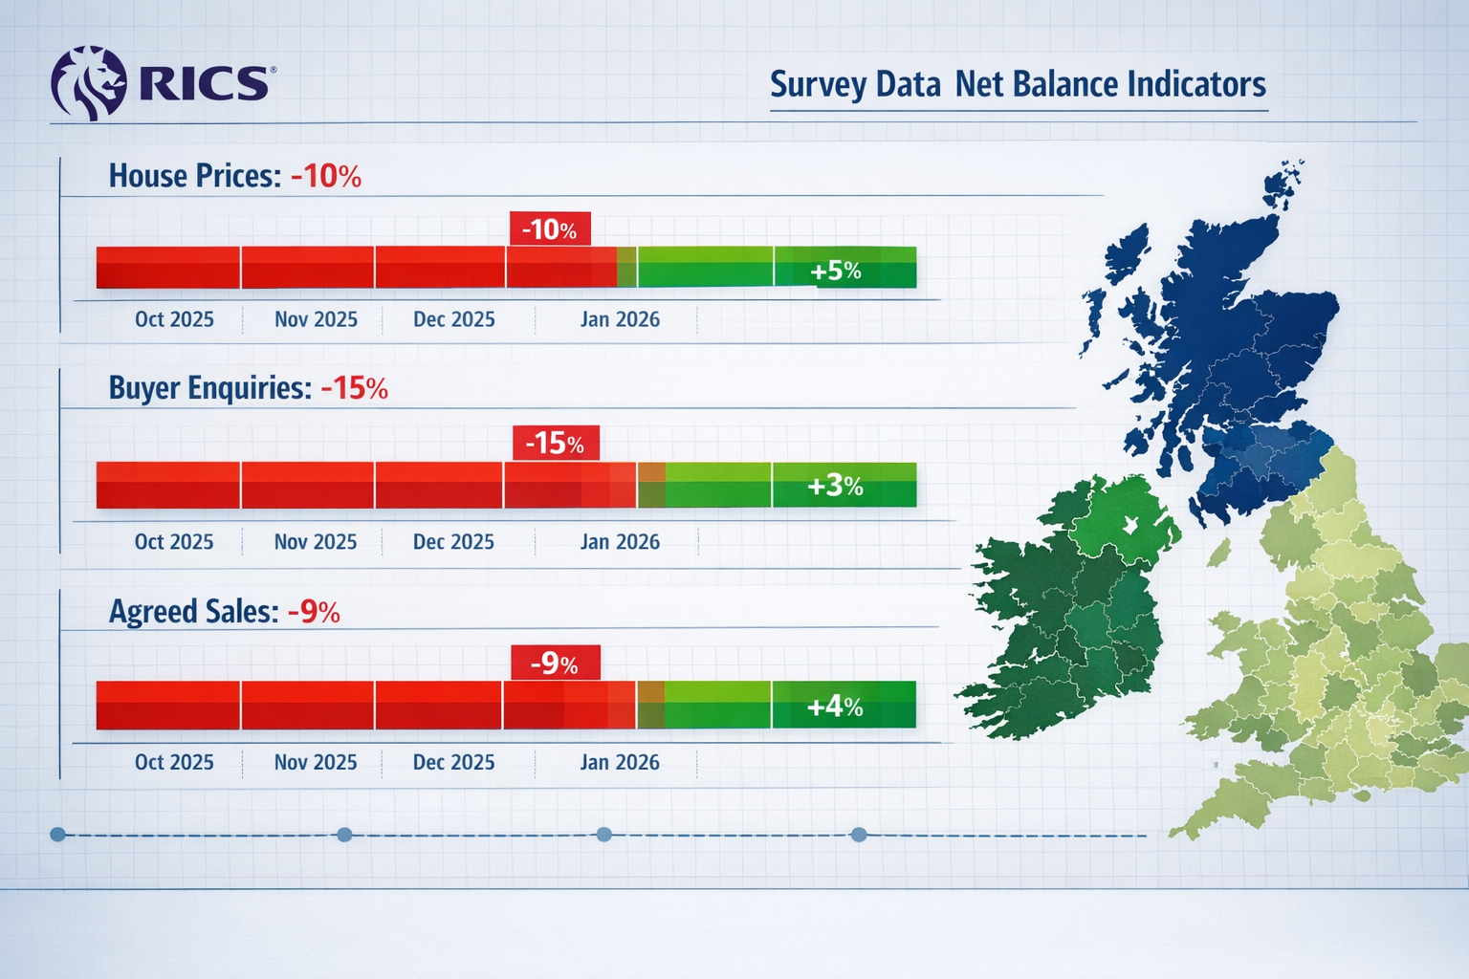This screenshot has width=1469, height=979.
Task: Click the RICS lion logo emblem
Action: click(x=88, y=83)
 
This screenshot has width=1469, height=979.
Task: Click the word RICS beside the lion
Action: click(x=203, y=84)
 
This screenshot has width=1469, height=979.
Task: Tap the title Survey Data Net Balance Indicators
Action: click(x=1018, y=84)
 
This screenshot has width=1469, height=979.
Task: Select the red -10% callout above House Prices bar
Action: click(x=550, y=229)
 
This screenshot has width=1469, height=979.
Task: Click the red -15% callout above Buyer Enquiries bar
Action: click(x=556, y=443)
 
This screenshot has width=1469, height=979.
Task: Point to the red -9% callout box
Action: click(x=555, y=663)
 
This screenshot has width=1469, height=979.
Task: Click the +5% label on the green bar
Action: click(x=835, y=272)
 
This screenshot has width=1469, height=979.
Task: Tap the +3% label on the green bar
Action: click(x=835, y=486)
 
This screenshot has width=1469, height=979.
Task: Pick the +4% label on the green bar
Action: click(x=835, y=707)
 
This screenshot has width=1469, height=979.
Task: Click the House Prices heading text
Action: click(x=194, y=176)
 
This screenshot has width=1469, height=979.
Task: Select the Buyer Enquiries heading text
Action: click(x=209, y=388)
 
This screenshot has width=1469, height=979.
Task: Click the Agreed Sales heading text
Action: click(x=193, y=611)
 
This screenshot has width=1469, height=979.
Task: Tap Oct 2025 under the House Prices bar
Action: click(x=174, y=319)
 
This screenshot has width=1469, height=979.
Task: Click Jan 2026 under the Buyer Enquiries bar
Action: click(x=620, y=542)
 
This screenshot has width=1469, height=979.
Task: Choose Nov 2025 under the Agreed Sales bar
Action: click(x=316, y=763)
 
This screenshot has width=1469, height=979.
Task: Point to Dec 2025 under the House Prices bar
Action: click(x=454, y=319)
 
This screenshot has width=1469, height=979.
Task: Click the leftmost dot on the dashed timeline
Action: click(x=57, y=835)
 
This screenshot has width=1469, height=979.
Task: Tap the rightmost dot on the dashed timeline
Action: click(x=859, y=835)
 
